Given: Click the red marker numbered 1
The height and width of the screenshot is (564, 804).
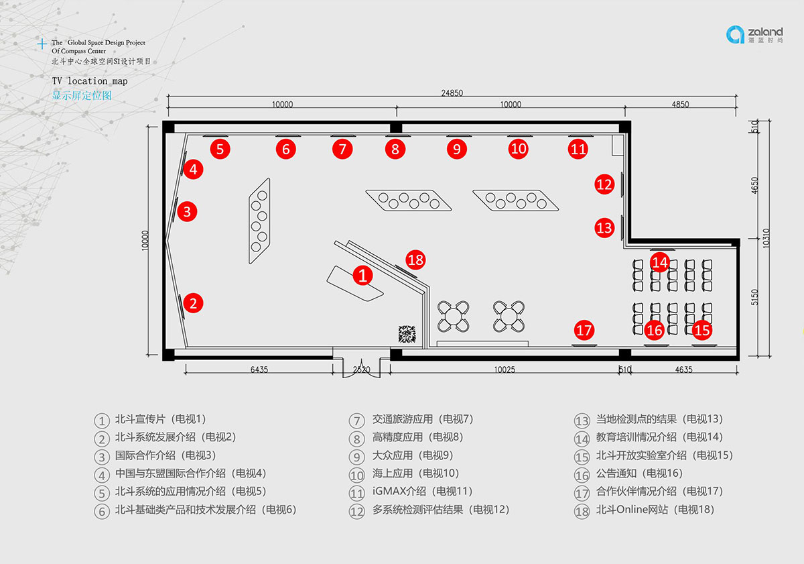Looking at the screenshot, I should click(x=362, y=275).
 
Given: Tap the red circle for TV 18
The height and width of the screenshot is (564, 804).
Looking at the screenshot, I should click(x=415, y=259).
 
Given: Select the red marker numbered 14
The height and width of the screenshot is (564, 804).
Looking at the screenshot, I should click(x=660, y=262).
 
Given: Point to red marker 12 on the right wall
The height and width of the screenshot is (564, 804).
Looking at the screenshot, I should click(x=604, y=184).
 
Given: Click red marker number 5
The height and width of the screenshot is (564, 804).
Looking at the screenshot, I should click(x=220, y=148).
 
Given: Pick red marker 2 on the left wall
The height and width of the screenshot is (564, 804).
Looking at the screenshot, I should click(x=193, y=303).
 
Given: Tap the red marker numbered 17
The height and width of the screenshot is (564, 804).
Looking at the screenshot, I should click(x=584, y=330).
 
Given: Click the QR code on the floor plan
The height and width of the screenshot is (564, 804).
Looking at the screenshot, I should click(x=407, y=334).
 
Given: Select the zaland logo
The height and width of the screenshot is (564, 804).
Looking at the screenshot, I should click(x=754, y=34).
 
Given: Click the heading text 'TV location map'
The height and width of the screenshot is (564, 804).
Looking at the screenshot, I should click(x=90, y=81).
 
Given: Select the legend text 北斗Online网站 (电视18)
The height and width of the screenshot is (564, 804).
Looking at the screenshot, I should click(x=655, y=510).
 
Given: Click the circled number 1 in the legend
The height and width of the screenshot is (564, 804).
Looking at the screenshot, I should click(x=102, y=420).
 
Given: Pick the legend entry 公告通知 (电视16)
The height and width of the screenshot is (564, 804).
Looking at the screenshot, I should click(x=639, y=473).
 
